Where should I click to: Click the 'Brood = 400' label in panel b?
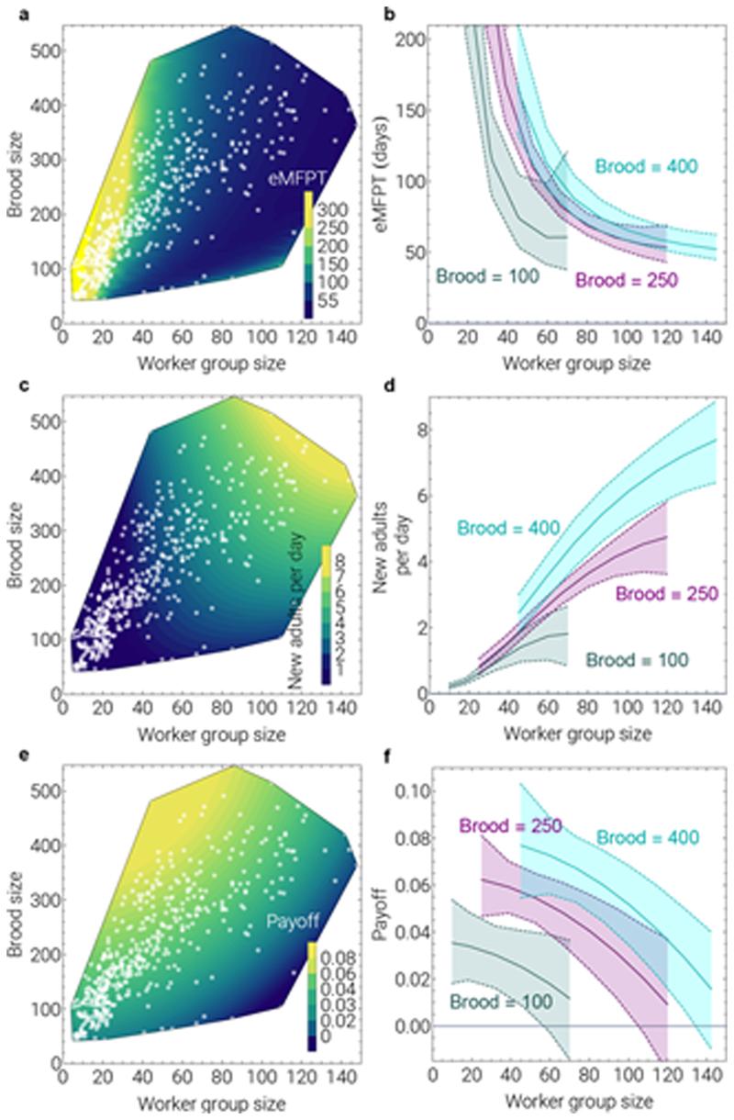point(648,166)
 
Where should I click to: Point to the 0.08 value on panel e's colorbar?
point(331,958)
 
